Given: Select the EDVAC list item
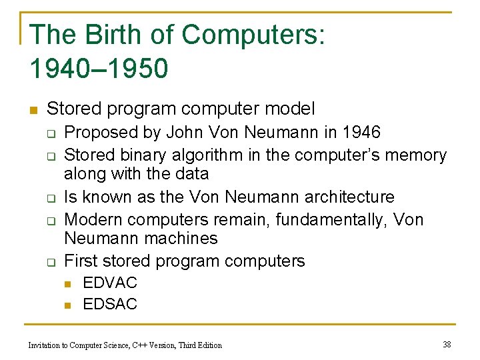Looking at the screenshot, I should click(109, 283).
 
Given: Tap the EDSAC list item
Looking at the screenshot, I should click(109, 305).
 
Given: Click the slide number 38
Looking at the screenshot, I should click(447, 345).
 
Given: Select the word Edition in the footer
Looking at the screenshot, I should click(208, 345).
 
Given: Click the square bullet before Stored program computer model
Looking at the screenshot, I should click(33, 109).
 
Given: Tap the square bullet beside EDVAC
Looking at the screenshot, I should click(68, 284).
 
